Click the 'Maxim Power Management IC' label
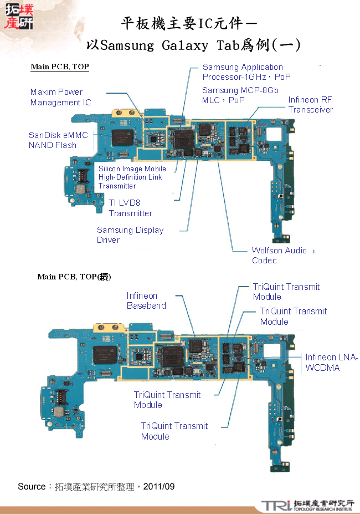(60, 97)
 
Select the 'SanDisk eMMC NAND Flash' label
(58, 140)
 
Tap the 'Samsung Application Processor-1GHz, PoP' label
(246, 72)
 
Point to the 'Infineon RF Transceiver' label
(310, 105)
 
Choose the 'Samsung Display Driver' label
(130, 235)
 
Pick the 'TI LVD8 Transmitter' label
(130, 208)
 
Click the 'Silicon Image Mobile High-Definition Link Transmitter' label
(132, 177)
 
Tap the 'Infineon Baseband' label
(146, 300)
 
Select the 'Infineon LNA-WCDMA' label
(331, 363)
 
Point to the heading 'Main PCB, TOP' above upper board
(60, 67)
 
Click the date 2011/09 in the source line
(159, 487)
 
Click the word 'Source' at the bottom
(32, 487)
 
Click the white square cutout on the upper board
(274, 134)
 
